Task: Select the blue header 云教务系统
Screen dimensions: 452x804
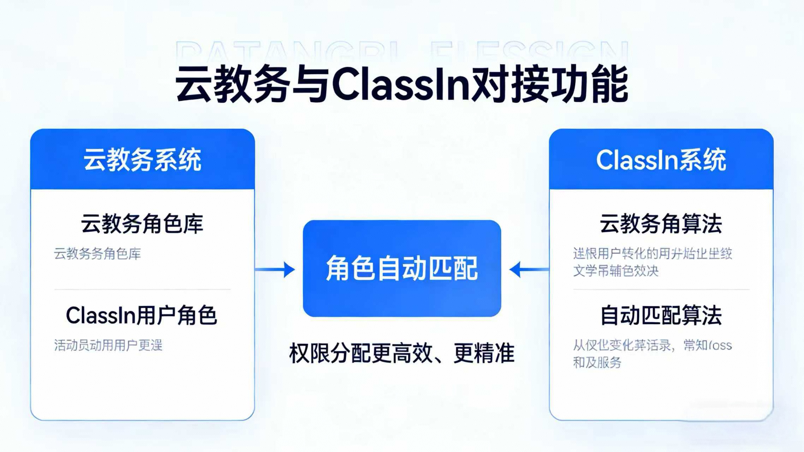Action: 142,160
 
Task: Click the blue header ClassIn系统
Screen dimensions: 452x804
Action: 661,160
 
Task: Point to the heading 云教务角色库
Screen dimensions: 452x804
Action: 142,224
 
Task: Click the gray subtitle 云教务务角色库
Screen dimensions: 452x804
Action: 97,254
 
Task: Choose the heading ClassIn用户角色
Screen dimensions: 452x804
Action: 141,315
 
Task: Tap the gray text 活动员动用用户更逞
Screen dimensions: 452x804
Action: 108,345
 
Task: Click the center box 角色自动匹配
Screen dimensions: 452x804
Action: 402,268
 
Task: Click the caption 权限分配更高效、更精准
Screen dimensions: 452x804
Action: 402,353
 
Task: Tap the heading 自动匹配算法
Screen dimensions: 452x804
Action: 661,315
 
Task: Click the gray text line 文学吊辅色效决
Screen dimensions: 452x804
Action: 616,271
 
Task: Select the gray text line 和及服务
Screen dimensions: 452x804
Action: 597,363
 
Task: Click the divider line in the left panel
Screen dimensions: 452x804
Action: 142,290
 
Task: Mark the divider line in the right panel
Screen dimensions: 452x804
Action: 661,290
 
